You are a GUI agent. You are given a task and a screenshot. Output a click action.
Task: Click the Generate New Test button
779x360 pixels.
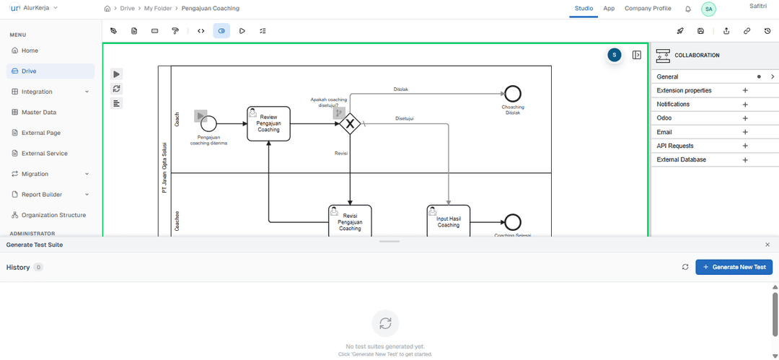[x=734, y=267]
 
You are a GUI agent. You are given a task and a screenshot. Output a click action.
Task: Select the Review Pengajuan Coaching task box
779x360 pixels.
[x=268, y=124]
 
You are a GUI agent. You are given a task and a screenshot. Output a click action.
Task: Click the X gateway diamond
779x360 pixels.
[x=350, y=124]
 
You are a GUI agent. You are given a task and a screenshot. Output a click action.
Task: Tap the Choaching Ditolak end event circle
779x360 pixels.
[x=513, y=93]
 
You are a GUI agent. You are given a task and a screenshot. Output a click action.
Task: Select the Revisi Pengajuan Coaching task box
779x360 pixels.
[x=350, y=221]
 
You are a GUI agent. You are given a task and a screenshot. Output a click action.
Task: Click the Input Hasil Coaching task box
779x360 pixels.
[x=448, y=221]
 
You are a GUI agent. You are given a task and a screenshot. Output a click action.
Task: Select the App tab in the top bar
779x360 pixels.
[x=609, y=9]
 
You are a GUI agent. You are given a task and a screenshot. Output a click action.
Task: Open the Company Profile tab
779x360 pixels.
[x=648, y=9]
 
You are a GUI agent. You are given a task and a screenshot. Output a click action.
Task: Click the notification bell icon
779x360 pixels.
[x=688, y=9]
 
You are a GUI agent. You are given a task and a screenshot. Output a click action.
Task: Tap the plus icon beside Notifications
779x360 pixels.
[x=745, y=105]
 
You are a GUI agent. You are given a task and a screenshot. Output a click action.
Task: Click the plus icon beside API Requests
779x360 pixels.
[x=745, y=146]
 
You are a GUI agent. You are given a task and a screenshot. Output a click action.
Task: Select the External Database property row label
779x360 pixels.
[x=681, y=159]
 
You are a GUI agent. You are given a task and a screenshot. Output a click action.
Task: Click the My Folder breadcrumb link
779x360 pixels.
[x=158, y=9]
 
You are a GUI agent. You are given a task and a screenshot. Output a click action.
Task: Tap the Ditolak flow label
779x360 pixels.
[x=401, y=89]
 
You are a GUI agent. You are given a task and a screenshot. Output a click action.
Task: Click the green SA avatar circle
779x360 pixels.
[x=708, y=9]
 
